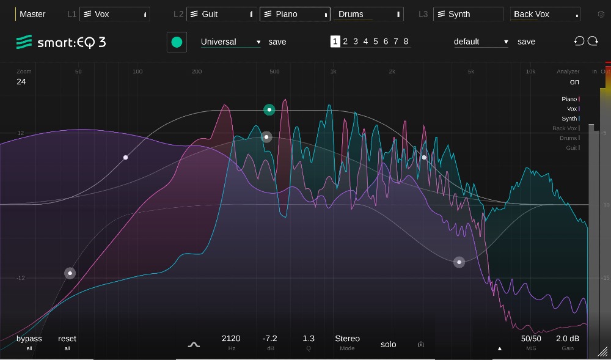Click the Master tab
pyautogui.click(x=32, y=14)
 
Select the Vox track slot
pyautogui.click(x=114, y=14)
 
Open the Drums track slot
pyautogui.click(x=368, y=14)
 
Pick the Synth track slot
pyautogui.click(x=468, y=14)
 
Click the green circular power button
pyautogui.click(x=177, y=42)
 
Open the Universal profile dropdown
pyautogui.click(x=230, y=42)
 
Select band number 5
pyautogui.click(x=376, y=42)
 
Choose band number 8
pyautogui.click(x=406, y=42)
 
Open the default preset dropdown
pyautogui.click(x=481, y=42)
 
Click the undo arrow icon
pyautogui.click(x=579, y=41)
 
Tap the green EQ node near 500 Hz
pyautogui.click(x=269, y=110)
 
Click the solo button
pyautogui.click(x=389, y=344)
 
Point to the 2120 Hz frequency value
pyautogui.click(x=231, y=339)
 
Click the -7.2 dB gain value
pyautogui.click(x=269, y=339)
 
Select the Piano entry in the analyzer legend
pyautogui.click(x=569, y=99)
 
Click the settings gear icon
pyautogui.click(x=601, y=14)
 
